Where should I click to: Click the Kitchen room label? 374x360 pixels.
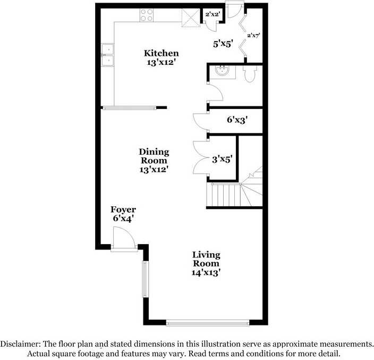click(161, 53)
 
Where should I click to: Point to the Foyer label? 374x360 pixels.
click(123, 210)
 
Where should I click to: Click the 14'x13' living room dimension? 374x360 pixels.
click(206, 272)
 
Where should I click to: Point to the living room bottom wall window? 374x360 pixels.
click(207, 322)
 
